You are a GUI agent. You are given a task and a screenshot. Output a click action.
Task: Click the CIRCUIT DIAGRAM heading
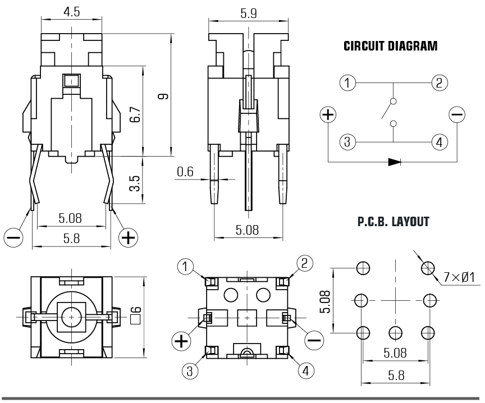390,47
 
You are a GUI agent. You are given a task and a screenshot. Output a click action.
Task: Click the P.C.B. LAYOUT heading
393,222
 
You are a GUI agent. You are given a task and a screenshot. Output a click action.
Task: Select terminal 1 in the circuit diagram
348,84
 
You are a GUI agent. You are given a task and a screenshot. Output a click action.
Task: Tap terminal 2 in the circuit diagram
440,84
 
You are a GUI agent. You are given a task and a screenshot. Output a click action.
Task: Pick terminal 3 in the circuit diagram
348,141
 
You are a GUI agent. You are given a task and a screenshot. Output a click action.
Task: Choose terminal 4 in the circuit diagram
440,141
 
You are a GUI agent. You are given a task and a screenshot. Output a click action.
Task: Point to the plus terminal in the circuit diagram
328,115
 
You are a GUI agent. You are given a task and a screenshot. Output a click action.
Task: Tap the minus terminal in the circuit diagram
457,115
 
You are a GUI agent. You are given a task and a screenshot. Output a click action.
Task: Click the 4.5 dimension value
71,12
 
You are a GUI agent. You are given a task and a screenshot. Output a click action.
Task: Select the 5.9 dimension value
248,13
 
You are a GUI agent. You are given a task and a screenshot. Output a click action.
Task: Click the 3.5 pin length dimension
135,183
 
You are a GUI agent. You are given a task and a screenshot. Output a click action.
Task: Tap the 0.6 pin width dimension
185,172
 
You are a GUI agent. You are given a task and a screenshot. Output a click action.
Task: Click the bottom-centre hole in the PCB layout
396,332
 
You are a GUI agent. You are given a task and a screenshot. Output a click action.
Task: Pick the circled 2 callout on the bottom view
304,263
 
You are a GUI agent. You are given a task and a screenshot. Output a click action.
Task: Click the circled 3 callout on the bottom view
190,370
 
